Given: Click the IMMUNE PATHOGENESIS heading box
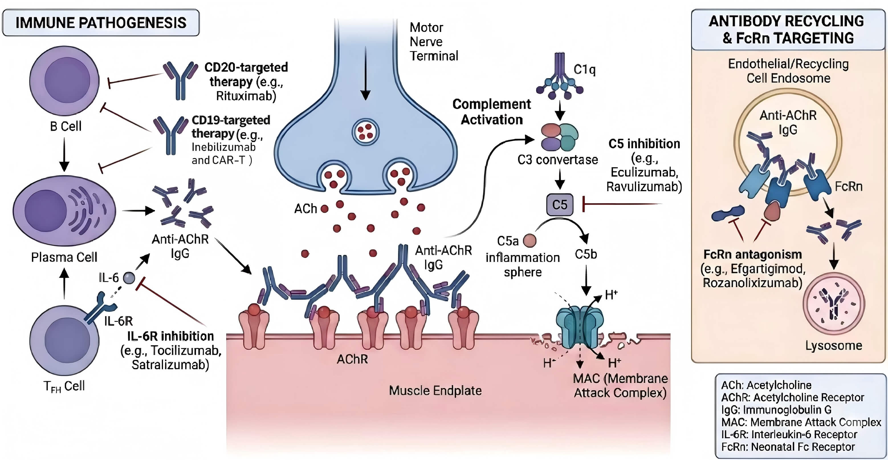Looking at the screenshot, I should tap(101, 23).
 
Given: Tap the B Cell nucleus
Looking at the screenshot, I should tap(67, 80).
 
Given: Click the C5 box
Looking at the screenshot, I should tap(559, 205).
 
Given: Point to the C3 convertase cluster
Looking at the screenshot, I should tap(559, 137).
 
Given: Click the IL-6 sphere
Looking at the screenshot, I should tap(129, 278).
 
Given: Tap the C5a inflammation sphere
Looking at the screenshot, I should tap(529, 241).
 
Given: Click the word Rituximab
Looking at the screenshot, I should tap(246, 96).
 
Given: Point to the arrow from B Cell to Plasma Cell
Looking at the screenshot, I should tap(64, 154).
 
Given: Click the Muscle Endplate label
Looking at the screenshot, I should tap(435, 391).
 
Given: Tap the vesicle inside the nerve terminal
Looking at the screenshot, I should tap(365, 132).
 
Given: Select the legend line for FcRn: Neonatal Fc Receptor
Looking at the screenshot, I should tap(788, 447).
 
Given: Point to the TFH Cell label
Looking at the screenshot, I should tap(64, 386).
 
